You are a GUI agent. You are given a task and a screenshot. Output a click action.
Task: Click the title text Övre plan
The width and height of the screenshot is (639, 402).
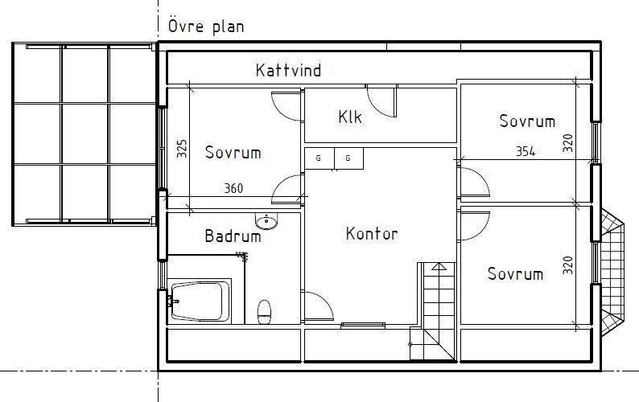coord(206,26)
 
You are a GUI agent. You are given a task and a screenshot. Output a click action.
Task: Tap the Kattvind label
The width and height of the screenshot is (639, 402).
coord(288,71)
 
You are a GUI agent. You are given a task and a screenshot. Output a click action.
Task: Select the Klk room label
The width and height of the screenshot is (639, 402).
coord(350,117)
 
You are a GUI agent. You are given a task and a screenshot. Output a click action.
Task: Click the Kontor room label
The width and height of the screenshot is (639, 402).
coord(372,234)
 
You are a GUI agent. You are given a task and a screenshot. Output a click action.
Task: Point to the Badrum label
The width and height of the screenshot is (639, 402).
coord(233,236)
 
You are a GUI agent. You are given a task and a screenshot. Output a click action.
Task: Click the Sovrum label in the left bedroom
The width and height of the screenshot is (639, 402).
coord(233,152)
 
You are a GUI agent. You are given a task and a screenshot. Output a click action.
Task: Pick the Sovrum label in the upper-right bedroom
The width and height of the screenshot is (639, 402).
coord(527,121)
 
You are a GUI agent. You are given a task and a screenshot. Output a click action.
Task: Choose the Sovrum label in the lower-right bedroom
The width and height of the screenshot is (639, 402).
coord(515,273)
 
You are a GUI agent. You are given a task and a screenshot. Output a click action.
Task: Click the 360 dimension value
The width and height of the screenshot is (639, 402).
coord(233,189)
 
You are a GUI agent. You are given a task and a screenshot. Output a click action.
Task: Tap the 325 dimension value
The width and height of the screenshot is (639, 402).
coord(182,148)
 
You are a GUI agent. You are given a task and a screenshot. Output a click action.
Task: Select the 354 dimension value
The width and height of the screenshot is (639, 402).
coord(525,151)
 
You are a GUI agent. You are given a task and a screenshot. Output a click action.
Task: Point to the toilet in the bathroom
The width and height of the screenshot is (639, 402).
coord(264,311)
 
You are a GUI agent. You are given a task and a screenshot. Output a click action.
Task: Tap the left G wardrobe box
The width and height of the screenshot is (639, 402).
coord(319,158)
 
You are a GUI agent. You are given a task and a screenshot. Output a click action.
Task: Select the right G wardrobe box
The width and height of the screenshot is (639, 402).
coord(348,158)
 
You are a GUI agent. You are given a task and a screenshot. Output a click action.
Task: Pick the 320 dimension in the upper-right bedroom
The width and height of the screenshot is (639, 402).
coord(567,143)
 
